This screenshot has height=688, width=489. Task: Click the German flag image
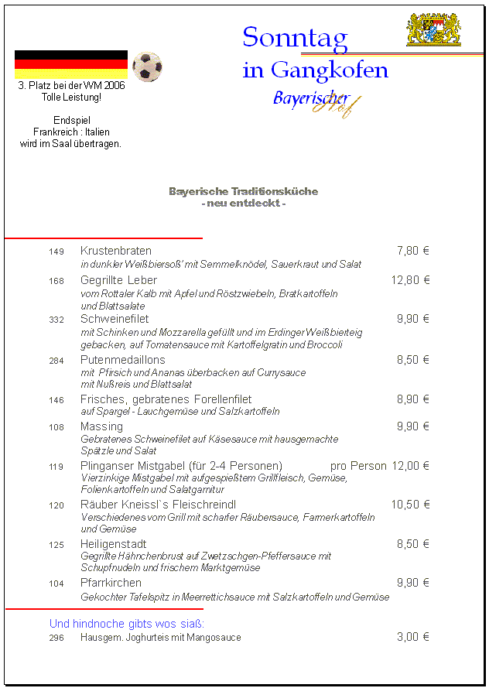(71, 64)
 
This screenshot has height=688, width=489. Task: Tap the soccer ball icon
(147, 67)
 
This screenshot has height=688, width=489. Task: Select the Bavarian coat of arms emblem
(433, 29)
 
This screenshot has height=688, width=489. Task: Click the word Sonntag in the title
(295, 38)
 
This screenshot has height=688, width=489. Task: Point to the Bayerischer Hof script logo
(316, 101)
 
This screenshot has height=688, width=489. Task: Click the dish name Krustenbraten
(116, 251)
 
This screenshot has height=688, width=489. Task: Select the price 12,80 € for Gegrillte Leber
(410, 280)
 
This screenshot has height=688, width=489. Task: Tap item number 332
(56, 320)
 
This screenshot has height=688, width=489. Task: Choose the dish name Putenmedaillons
(123, 360)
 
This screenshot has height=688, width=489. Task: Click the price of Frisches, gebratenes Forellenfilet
(413, 399)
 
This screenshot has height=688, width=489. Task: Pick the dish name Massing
(101, 426)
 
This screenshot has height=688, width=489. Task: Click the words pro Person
(358, 466)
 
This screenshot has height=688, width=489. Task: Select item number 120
(56, 505)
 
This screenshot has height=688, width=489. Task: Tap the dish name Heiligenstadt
(114, 544)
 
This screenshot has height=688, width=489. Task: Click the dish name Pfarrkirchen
(111, 583)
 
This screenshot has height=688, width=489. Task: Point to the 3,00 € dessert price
(413, 637)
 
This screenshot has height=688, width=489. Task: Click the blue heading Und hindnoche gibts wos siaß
(127, 623)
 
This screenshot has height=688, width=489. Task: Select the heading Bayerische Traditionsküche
(243, 191)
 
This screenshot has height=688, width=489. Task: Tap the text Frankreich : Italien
(71, 132)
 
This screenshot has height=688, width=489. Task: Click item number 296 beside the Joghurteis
(56, 638)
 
